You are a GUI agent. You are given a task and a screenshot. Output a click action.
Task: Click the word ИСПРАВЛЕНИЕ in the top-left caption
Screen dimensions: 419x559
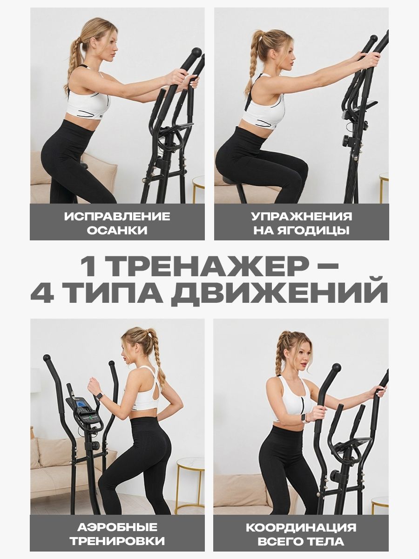click(117, 217)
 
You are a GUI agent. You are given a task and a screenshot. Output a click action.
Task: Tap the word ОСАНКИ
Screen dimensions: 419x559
click(117, 230)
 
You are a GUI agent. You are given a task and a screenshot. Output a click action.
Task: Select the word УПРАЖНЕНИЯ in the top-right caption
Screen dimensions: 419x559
click(302, 217)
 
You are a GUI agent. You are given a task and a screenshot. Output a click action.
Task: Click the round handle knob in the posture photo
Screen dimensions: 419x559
click(196, 52)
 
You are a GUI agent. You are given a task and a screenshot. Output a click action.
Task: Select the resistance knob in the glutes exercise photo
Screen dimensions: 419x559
click(347, 141)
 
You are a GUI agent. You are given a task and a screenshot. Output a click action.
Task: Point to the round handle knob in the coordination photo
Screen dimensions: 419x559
click(336, 368)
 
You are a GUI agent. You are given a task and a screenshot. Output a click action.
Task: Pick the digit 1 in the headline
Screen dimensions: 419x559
click(89, 266)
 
